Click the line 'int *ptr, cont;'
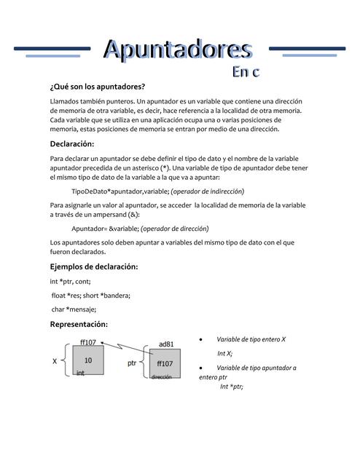[x=70, y=281]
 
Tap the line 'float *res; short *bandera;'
[x=90, y=295]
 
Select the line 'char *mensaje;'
[x=74, y=309]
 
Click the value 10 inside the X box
[x=88, y=360]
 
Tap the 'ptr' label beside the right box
[x=132, y=362]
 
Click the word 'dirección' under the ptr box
[x=162, y=377]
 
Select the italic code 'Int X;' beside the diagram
[x=224, y=353]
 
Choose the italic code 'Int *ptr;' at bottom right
[x=231, y=386]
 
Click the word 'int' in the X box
[x=80, y=372]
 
